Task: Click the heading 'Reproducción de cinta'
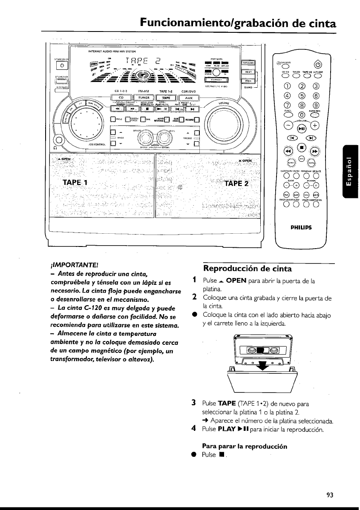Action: (248, 269)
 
